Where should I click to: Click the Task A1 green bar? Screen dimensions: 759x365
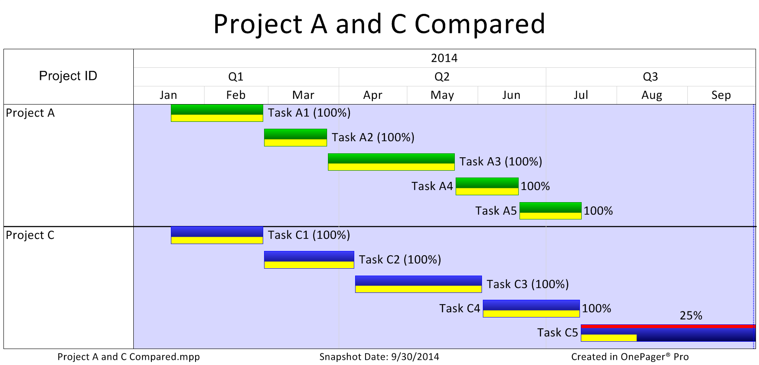[217, 113]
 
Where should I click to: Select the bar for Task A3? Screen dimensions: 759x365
[391, 162]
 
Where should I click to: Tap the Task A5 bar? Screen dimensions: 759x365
[551, 211]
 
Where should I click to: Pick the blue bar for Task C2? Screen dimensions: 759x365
[309, 260]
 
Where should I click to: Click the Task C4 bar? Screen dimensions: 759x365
[531, 308]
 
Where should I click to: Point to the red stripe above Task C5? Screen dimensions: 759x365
[668, 326]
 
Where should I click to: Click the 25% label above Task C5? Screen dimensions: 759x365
[691, 316]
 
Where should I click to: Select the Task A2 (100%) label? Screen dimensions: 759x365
[373, 137]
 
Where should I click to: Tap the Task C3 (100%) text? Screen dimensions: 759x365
[528, 284]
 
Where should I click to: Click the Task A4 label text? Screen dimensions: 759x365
[432, 186]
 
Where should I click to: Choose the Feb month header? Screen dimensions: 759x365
[236, 95]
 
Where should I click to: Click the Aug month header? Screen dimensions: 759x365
[652, 95]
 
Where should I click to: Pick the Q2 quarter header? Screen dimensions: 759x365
[442, 77]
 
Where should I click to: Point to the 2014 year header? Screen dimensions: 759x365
[444, 58]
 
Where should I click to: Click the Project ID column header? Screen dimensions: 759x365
[68, 76]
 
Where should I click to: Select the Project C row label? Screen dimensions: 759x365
[30, 235]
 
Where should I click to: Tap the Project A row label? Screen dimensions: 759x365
[30, 113]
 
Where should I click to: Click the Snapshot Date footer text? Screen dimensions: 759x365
[379, 357]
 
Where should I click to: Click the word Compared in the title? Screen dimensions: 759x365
[480, 24]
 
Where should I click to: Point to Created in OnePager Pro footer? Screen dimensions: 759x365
[630, 357]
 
